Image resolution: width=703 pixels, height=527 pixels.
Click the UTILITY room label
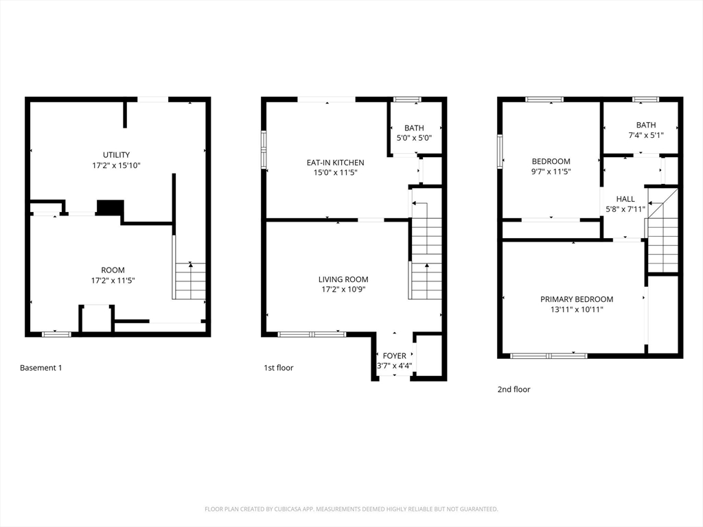pyautogui.click(x=116, y=155)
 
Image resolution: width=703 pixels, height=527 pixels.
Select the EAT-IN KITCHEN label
pyautogui.click(x=335, y=163)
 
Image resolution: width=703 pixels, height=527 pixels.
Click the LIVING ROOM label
pyautogui.click(x=343, y=279)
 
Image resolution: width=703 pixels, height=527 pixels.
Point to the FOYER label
pyautogui.click(x=395, y=355)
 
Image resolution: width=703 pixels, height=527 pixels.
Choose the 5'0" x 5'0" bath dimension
pyautogui.click(x=414, y=138)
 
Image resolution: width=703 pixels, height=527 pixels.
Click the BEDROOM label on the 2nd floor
pyautogui.click(x=551, y=161)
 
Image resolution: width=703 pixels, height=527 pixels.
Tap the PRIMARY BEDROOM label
pyautogui.click(x=577, y=299)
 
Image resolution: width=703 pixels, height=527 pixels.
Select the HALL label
pyautogui.click(x=625, y=199)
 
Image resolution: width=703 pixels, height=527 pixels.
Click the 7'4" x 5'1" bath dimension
pyautogui.click(x=645, y=135)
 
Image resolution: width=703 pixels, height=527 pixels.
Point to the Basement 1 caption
pyautogui.click(x=41, y=368)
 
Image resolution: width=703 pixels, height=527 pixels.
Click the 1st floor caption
pyautogui.click(x=279, y=368)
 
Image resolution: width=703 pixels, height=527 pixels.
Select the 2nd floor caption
pyautogui.click(x=514, y=389)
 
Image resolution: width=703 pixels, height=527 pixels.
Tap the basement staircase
pyautogui.click(x=190, y=281)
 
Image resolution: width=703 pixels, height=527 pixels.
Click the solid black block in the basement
pyautogui.click(x=110, y=207)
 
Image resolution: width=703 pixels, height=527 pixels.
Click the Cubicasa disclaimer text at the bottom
pyautogui.click(x=351, y=509)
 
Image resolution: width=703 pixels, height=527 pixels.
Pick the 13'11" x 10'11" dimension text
pyautogui.click(x=577, y=309)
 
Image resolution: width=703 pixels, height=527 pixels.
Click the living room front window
pyautogui.click(x=312, y=334)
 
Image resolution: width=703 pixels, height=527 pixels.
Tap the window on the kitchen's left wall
pyautogui.click(x=264, y=150)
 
